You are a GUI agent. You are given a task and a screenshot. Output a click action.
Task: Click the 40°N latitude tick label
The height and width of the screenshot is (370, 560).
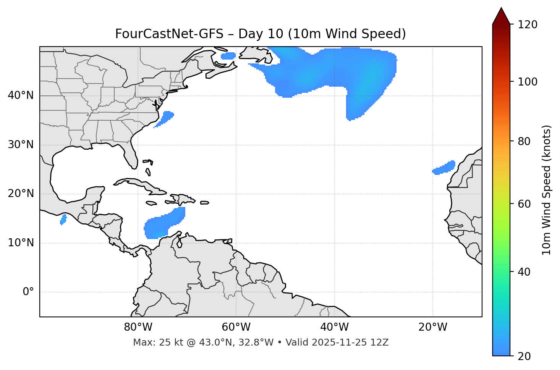coord(21,95)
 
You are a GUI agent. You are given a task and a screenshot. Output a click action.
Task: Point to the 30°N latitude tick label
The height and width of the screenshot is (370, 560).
coord(21,145)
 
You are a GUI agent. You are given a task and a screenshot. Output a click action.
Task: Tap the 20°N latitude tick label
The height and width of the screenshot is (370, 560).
coord(21,194)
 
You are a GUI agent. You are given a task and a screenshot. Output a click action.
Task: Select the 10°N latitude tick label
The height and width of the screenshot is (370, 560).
coord(21,243)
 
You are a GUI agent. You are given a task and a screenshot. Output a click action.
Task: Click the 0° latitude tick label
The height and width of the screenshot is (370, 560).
coord(28,292)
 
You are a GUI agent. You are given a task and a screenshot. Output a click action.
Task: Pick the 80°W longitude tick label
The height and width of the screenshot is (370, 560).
coord(138,327)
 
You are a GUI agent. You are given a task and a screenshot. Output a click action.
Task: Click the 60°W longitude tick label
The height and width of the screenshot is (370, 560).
coord(236,327)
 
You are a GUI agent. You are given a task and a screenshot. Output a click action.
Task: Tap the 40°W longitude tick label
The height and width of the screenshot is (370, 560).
coord(334,327)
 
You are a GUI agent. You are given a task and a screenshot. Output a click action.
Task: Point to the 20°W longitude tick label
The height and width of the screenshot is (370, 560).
coord(433,327)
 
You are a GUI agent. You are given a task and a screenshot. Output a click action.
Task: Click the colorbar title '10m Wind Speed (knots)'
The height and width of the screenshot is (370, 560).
coord(547,190)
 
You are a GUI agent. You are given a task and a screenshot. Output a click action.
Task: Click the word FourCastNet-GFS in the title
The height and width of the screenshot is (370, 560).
coord(169,34)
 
